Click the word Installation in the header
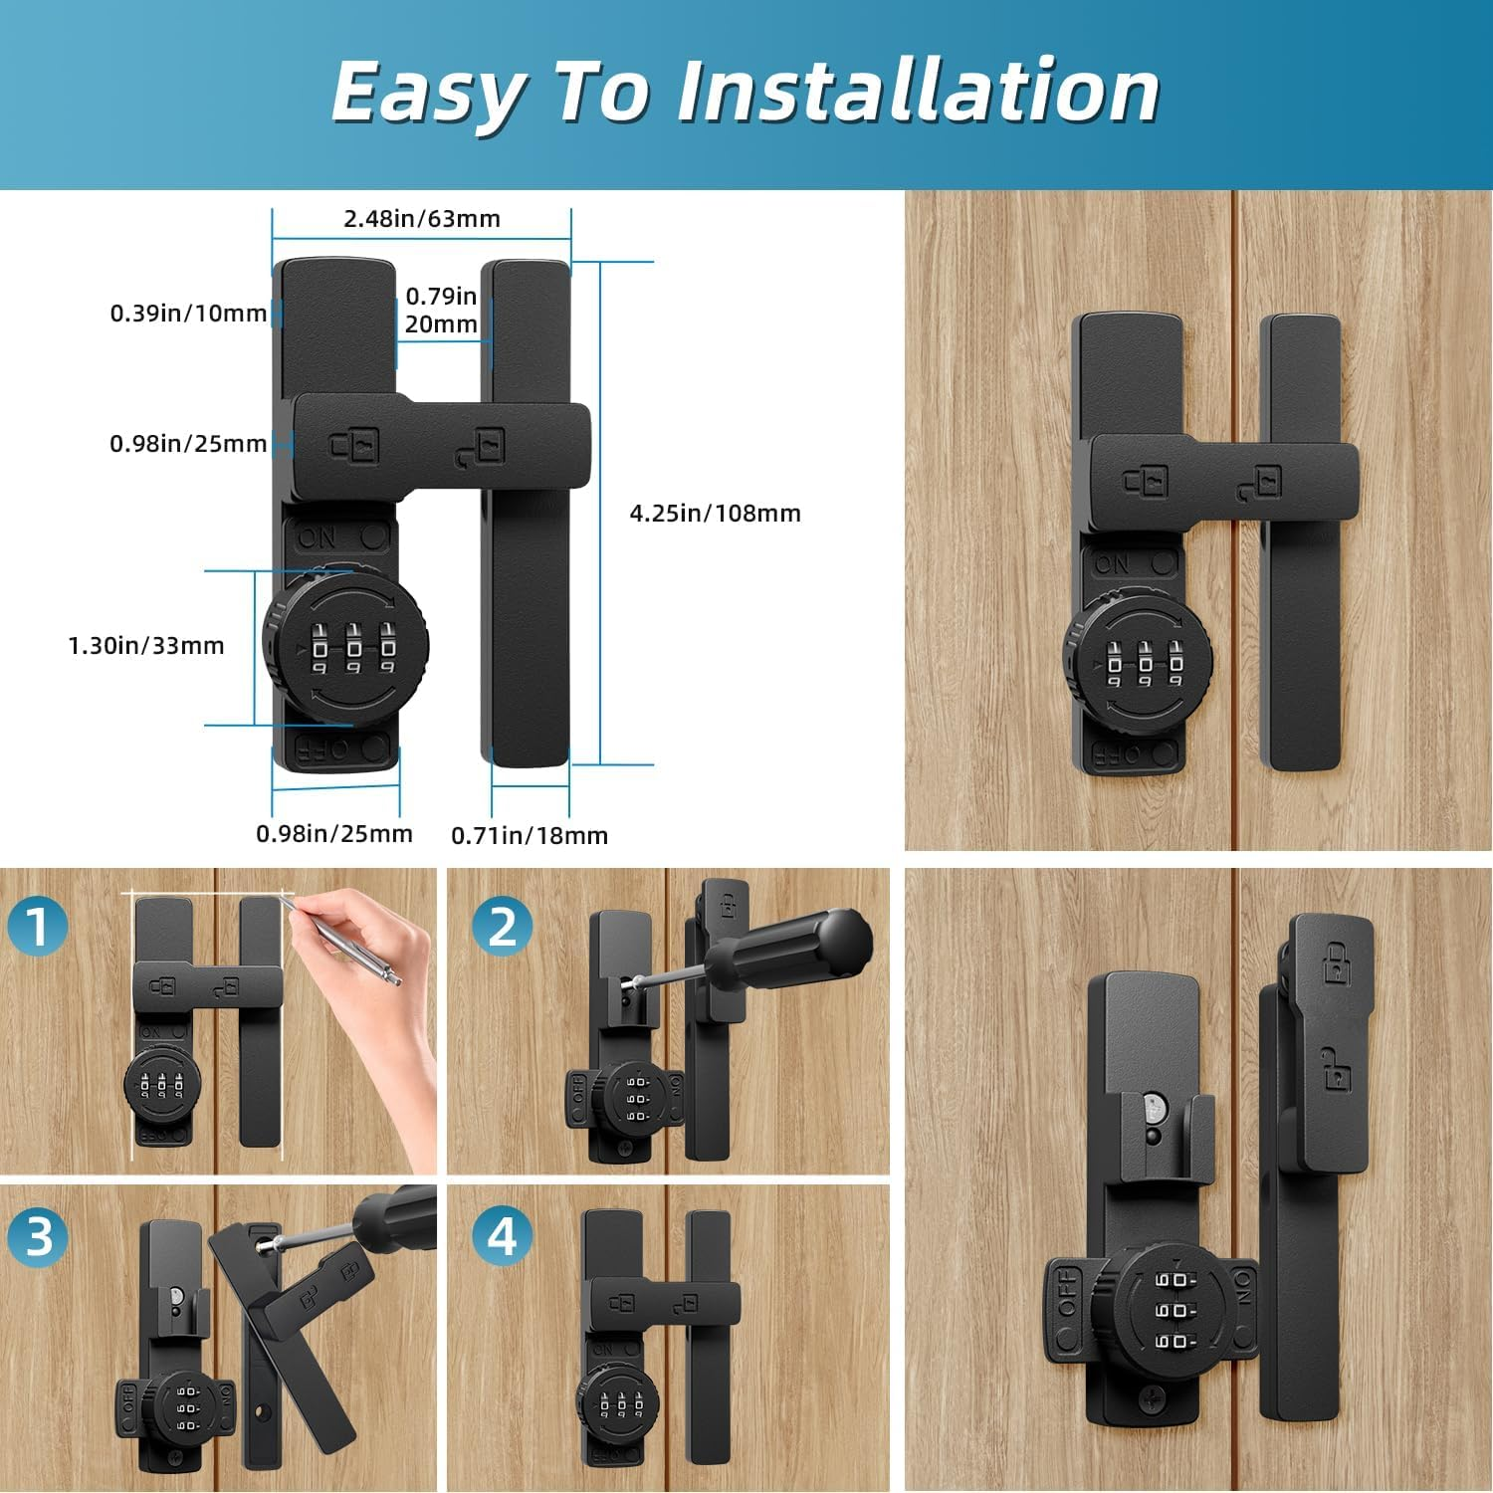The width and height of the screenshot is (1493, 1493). [x=918, y=92]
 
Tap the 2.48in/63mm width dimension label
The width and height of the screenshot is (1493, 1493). [x=422, y=219]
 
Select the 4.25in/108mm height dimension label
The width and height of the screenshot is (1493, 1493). [x=715, y=514]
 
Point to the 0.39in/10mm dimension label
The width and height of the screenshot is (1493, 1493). [x=188, y=314]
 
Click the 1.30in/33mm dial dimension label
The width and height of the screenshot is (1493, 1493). [x=146, y=646]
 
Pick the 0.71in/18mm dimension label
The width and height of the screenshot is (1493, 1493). [x=530, y=836]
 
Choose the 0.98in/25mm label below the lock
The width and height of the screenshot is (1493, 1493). [x=334, y=834]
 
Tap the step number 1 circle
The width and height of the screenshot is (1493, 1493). [x=38, y=926]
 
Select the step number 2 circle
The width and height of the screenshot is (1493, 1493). [x=503, y=926]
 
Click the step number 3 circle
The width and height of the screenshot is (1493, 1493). [x=38, y=1237]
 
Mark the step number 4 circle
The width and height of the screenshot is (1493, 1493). [x=503, y=1237]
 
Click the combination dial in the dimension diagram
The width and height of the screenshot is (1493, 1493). [x=346, y=645]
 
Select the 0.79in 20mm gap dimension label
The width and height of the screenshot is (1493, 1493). [x=441, y=310]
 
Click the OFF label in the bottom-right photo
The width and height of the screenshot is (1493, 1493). [x=1066, y=1291]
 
